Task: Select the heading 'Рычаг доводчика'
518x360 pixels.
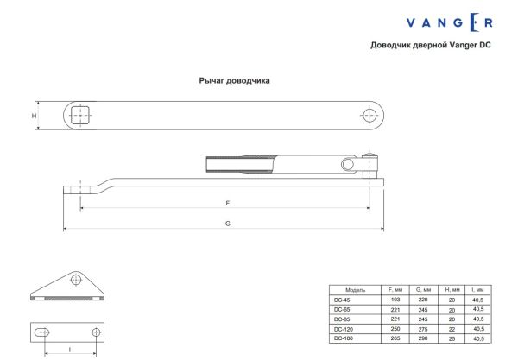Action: point(235,80)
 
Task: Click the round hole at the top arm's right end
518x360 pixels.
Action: point(370,115)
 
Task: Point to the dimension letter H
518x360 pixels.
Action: point(35,116)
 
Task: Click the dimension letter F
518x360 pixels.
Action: point(227,203)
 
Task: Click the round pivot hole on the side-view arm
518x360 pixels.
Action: point(347,164)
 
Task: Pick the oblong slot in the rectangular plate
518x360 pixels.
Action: point(42,332)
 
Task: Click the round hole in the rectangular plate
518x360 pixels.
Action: point(93,332)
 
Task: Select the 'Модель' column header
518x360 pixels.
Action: point(357,289)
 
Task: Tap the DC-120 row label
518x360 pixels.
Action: point(344,329)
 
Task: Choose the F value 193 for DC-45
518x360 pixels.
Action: point(396,299)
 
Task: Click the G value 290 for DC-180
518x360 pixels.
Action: point(423,338)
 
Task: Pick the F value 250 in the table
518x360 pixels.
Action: point(396,329)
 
